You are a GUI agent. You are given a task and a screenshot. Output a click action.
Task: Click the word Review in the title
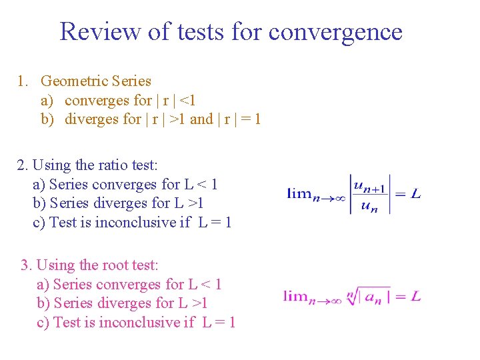click(x=100, y=31)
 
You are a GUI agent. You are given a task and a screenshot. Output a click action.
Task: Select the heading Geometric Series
click(x=96, y=81)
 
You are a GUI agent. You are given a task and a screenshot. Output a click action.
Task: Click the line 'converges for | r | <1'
click(x=130, y=101)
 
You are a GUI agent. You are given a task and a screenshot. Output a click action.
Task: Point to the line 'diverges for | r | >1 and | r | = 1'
click(x=163, y=119)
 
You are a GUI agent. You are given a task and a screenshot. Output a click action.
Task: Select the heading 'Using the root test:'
click(x=98, y=265)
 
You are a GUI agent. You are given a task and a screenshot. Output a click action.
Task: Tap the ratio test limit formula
click(x=354, y=194)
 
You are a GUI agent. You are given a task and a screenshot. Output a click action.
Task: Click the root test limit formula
click(x=352, y=295)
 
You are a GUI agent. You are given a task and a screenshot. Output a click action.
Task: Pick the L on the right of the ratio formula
click(x=416, y=194)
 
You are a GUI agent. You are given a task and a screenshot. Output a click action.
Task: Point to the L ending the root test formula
click(x=416, y=296)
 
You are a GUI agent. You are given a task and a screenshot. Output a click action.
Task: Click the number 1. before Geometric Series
click(x=23, y=81)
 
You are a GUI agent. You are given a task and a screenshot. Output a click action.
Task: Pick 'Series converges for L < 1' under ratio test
click(x=133, y=184)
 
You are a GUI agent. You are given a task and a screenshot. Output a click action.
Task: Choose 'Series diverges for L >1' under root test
click(x=131, y=303)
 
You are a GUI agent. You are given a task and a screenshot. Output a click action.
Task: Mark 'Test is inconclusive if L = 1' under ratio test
click(x=141, y=222)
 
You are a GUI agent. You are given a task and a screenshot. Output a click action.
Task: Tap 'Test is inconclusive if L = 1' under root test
click(x=144, y=323)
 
